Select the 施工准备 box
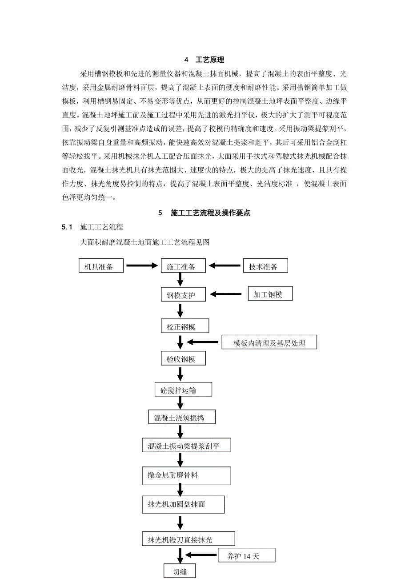click(184, 266)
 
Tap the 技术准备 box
click(265, 266)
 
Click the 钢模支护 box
click(184, 294)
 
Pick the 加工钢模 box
click(270, 294)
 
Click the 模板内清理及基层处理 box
click(269, 343)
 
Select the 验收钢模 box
click(184, 358)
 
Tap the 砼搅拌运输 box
click(183, 390)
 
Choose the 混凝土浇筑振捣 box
click(182, 417)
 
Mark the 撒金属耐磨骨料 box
click(186, 475)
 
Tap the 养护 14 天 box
click(246, 555)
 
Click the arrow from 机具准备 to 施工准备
click(143, 266)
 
